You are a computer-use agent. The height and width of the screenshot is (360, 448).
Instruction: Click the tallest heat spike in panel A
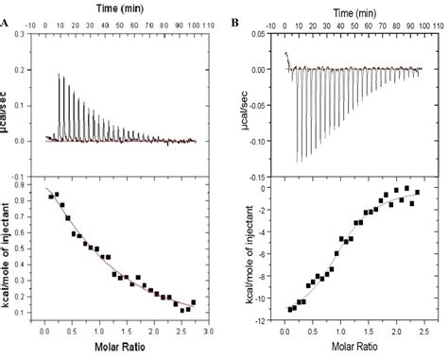point(59,74)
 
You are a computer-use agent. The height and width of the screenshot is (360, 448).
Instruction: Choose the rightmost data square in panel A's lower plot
point(194,302)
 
